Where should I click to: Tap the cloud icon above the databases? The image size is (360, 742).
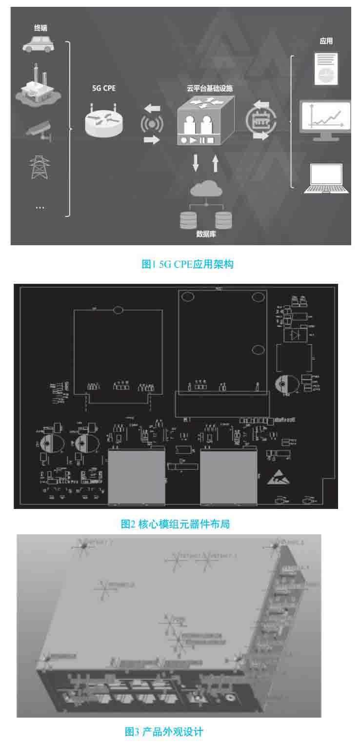(205, 189)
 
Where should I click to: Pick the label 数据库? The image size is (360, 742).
(206, 234)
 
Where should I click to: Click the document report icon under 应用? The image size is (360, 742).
(326, 68)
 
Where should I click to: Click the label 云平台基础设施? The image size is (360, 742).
(209, 89)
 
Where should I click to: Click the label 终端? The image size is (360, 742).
(40, 29)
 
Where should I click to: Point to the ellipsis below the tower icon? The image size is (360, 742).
(40, 207)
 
